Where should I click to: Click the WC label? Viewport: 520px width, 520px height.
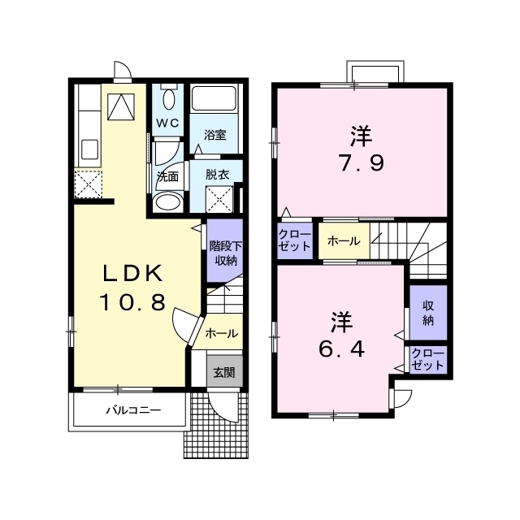[167, 123]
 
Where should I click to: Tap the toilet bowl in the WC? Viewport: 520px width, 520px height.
[170, 99]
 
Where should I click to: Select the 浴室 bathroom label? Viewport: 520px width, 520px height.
[214, 135]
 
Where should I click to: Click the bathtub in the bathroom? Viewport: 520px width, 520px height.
[214, 98]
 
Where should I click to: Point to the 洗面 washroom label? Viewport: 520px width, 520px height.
[168, 177]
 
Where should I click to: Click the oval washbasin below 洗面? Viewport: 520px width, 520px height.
[168, 201]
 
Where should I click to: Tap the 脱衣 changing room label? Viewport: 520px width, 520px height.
[218, 175]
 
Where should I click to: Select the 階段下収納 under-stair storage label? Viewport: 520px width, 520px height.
[226, 253]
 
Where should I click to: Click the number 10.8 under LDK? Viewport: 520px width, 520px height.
[132, 302]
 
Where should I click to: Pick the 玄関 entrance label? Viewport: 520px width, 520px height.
[224, 373]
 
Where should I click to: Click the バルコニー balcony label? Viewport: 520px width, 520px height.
[133, 410]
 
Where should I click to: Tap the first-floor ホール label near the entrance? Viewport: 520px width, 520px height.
[221, 333]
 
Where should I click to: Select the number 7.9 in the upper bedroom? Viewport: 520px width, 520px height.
[362, 163]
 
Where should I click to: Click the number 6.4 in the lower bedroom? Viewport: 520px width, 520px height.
[342, 349]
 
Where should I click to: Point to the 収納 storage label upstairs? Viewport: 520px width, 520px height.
[428, 312]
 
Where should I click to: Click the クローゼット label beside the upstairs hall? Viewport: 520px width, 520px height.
[295, 240]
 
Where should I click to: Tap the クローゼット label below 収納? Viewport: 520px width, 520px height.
[427, 359]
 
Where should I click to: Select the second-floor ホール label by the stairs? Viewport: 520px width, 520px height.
[344, 241]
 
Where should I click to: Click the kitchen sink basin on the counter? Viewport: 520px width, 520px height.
[90, 149]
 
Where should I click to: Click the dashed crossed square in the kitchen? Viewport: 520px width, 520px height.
[89, 184]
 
